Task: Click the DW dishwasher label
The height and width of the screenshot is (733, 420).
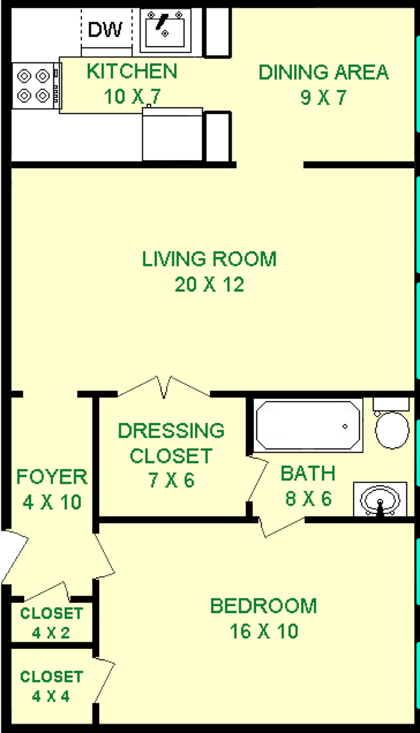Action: click(105, 30)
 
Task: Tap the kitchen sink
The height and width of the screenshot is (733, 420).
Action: click(165, 30)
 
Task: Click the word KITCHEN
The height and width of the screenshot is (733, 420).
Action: click(132, 72)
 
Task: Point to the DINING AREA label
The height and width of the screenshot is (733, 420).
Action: click(324, 72)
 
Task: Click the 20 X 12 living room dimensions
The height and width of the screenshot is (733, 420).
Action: click(209, 284)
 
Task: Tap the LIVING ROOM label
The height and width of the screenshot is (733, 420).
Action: click(209, 259)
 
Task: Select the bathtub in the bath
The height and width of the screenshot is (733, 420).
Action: click(308, 425)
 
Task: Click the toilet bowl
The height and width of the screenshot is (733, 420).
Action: click(392, 430)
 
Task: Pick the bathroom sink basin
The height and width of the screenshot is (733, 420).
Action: click(380, 500)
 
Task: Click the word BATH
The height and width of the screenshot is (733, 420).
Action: click(308, 474)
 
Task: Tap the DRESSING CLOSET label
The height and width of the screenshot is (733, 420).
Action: click(171, 443)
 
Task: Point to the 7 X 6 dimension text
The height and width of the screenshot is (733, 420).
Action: click(171, 480)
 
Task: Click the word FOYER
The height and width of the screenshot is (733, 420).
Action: click(52, 477)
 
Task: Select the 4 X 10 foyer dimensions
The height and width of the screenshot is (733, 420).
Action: click(52, 503)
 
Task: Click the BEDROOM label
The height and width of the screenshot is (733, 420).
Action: click(264, 606)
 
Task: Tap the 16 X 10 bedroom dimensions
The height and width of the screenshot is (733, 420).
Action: click(264, 631)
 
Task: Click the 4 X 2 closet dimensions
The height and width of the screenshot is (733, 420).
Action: click(51, 633)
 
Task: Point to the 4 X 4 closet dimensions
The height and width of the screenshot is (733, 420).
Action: click(51, 696)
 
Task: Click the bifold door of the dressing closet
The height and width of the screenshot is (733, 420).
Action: click(163, 387)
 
